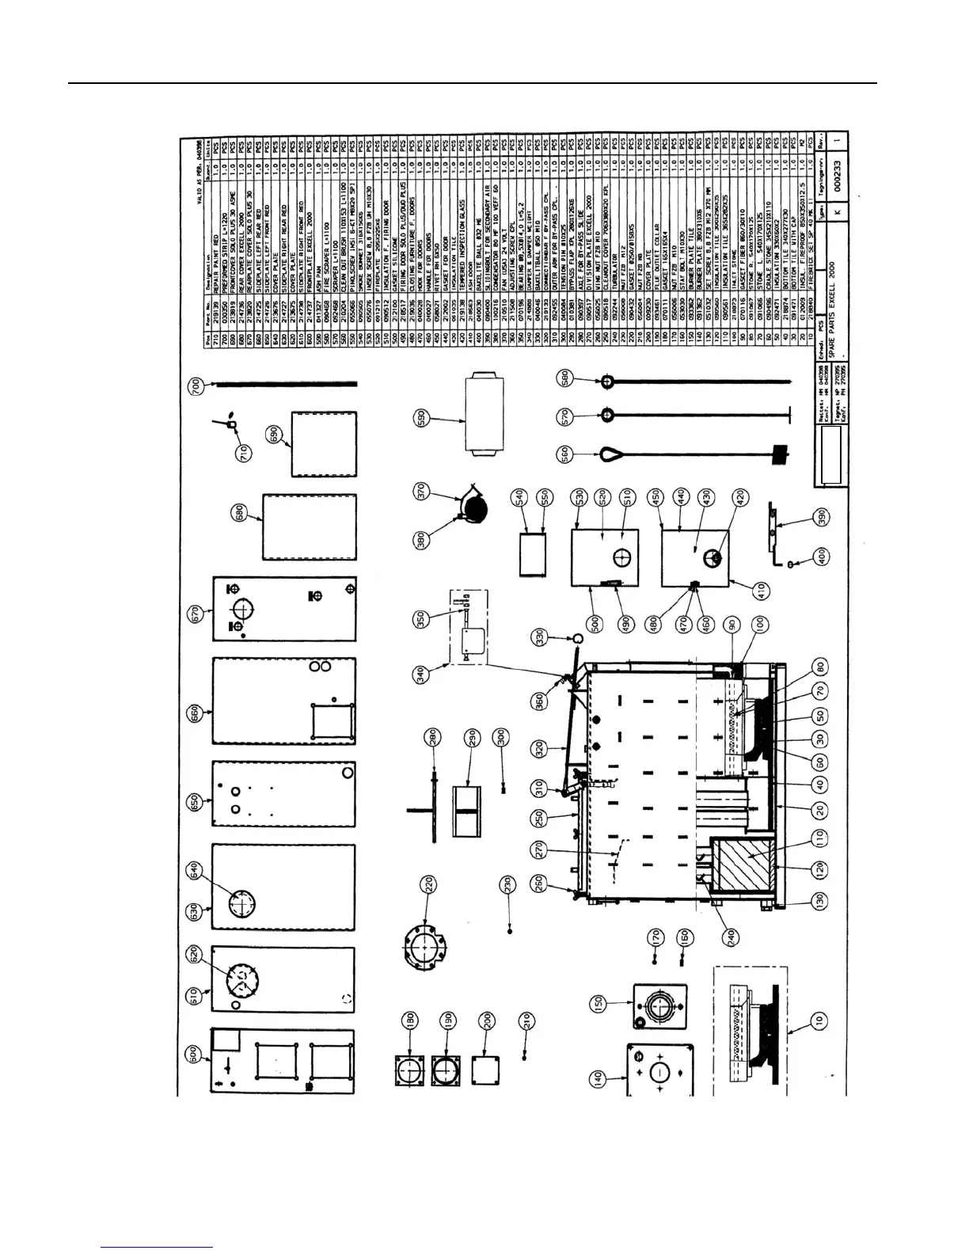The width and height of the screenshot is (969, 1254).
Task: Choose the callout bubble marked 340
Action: pos(422,673)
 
